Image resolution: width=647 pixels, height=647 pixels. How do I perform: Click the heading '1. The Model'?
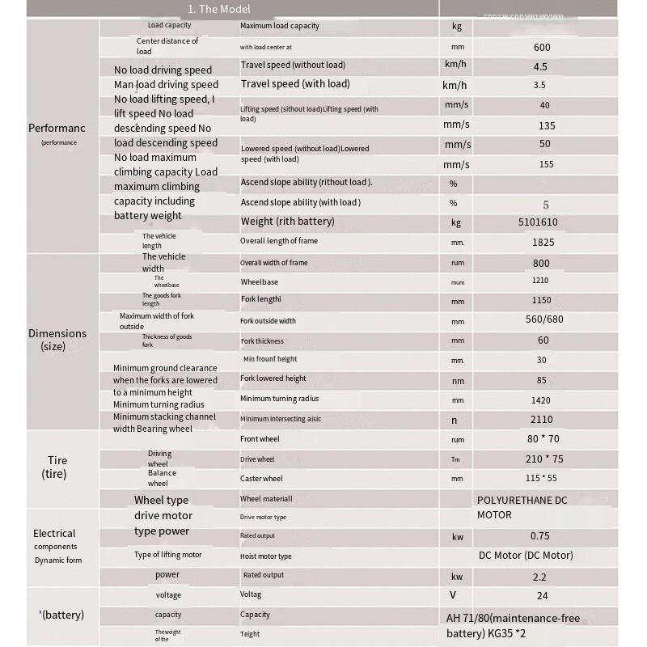pos(218,9)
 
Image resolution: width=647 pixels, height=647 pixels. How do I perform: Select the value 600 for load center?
pos(542,47)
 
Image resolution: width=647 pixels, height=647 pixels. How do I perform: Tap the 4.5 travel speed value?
pos(541,67)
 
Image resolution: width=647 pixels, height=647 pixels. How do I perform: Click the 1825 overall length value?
pos(543,242)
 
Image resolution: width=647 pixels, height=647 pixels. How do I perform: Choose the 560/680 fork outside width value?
pos(544,319)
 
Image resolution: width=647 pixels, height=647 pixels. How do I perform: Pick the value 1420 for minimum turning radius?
pos(541,400)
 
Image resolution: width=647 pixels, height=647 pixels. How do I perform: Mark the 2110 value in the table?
pos(542,420)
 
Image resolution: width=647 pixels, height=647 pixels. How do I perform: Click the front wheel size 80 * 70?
pos(543,439)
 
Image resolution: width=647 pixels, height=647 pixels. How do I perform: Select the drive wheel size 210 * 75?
pos(543,459)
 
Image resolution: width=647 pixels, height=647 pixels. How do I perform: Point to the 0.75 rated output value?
pos(540,535)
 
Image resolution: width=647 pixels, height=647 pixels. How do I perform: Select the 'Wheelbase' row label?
pos(259,282)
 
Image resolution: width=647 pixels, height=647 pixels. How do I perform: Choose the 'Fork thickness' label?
pos(262,341)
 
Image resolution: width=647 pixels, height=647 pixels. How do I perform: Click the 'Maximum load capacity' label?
pos(279,26)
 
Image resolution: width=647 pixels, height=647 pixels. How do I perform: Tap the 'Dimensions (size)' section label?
pos(57,340)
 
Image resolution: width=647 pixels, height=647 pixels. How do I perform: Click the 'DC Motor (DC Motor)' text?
pos(526,556)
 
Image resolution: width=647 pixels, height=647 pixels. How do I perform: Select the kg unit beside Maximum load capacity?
pos(456,26)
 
